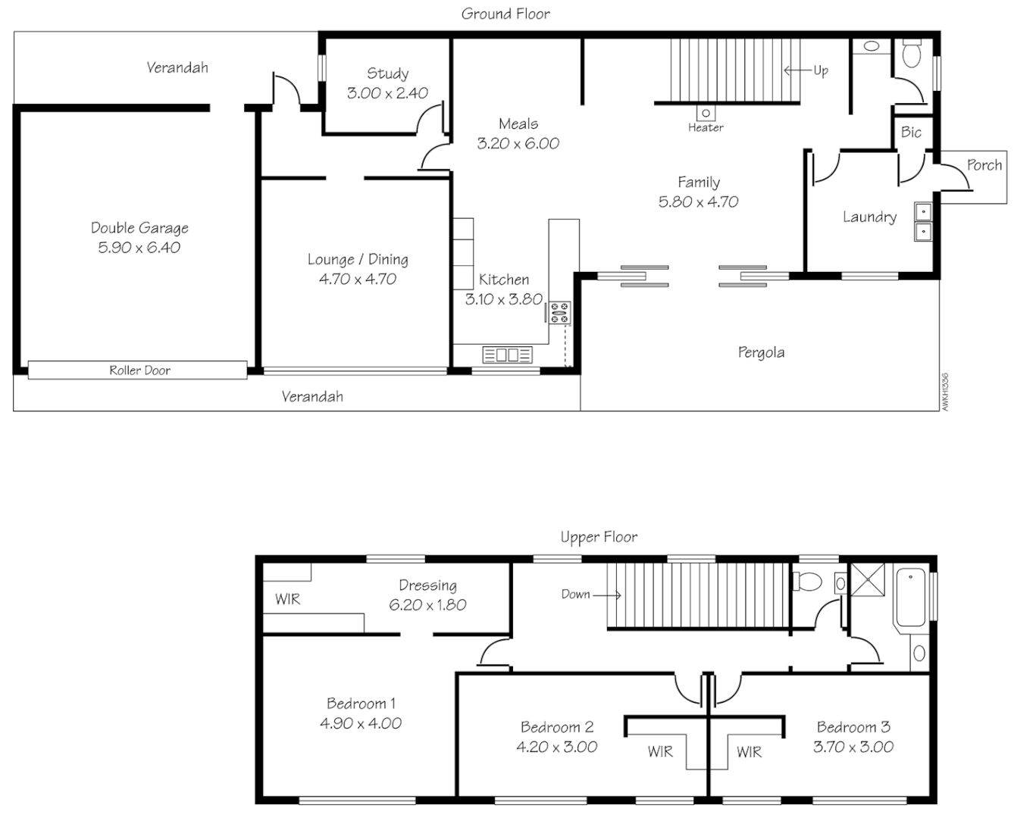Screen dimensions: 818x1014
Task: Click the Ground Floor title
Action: [x=505, y=14]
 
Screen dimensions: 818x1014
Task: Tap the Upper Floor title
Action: [x=599, y=537]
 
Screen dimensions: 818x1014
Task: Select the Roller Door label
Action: [x=139, y=370]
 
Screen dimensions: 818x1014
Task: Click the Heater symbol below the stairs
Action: [x=706, y=114]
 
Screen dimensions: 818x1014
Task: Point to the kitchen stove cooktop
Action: [x=560, y=313]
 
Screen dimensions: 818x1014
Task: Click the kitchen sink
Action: [x=507, y=354]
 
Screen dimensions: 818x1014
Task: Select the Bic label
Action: [x=911, y=133]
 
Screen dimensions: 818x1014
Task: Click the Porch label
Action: [x=984, y=165]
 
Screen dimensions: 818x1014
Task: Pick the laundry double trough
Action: [x=923, y=220]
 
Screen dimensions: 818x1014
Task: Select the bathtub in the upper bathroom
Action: [x=910, y=598]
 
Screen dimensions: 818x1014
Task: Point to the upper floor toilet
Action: [x=807, y=582]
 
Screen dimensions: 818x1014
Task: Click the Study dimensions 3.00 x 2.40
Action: [x=387, y=93]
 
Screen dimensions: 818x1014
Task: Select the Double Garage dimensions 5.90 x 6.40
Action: [x=139, y=248]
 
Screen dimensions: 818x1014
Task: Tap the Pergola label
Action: [x=761, y=352]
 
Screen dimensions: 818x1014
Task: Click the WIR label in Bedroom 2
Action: [x=660, y=751]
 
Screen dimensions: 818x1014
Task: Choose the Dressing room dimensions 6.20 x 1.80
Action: [x=427, y=605]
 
